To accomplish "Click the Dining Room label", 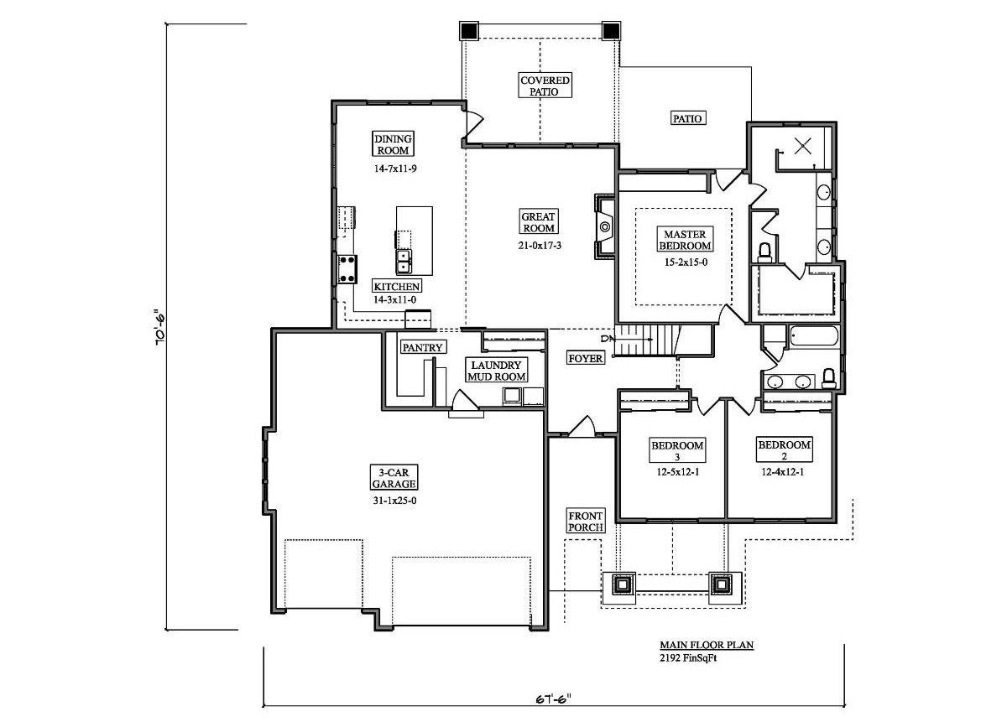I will point(392,144).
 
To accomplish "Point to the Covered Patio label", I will point(545,86).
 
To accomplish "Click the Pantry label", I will point(422,347).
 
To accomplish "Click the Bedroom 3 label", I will point(677,450).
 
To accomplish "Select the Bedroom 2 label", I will point(784,450).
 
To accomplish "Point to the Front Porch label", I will point(586,521).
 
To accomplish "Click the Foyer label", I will point(586,358).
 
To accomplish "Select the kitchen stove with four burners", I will point(345,269).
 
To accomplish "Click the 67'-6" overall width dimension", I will point(553,698).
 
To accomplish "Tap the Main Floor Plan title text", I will point(706,645).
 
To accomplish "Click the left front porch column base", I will point(623,584).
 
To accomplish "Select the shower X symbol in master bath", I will point(803,146).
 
